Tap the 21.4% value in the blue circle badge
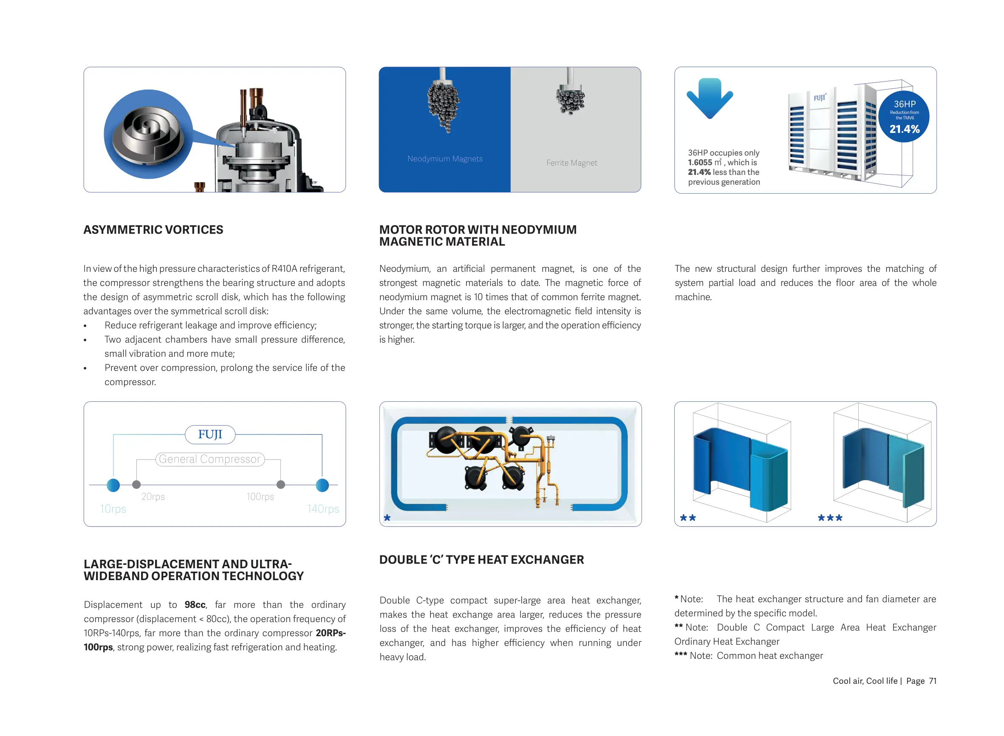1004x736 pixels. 904,129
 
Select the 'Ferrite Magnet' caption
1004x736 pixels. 571,163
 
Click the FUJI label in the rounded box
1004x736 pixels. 210,434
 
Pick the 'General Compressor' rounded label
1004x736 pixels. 209,459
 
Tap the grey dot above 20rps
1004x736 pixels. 136,484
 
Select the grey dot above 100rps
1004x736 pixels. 280,484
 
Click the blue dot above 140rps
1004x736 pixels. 322,485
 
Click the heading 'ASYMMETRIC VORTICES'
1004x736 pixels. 153,229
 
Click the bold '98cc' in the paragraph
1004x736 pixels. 195,605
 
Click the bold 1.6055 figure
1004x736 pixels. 699,163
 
